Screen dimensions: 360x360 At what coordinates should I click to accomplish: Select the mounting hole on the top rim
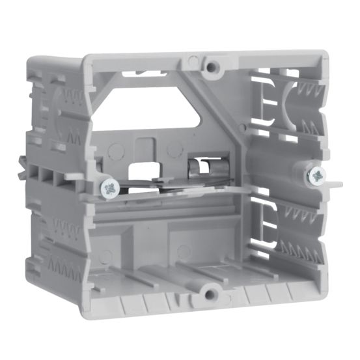(x=211, y=66)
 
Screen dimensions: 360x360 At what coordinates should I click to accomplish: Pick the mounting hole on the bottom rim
(x=210, y=294)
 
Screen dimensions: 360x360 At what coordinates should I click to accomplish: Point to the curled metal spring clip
(x=197, y=171)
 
